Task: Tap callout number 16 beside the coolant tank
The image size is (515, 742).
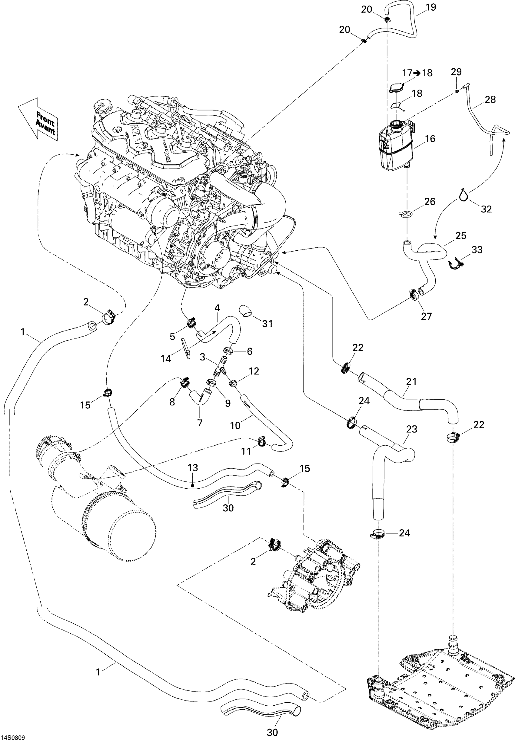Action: point(430,139)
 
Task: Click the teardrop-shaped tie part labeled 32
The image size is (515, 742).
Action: point(463,194)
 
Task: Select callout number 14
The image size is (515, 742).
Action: point(165,358)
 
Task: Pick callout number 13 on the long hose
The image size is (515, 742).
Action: point(193,468)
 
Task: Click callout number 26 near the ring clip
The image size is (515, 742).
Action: point(430,202)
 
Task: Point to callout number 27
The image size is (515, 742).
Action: point(426,316)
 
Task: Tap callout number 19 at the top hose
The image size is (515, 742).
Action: point(431,7)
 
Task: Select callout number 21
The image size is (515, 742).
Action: point(411,381)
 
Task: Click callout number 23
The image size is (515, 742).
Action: point(412,429)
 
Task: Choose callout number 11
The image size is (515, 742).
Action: point(246,451)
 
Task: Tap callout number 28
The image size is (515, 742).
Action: point(490,100)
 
